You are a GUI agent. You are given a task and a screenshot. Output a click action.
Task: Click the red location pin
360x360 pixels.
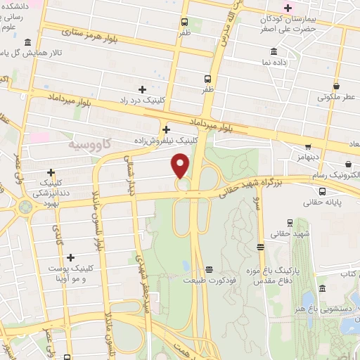point(181,165)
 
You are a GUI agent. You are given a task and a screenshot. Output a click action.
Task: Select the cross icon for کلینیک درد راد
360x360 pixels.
point(143,89)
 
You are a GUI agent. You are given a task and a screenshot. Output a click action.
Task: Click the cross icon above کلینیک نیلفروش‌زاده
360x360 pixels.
point(166,129)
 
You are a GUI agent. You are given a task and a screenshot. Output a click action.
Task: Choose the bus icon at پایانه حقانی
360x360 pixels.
point(322,191)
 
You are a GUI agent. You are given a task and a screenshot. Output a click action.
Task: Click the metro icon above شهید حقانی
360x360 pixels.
point(261,247)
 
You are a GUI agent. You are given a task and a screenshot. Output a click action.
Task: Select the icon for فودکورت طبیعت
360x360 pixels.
point(208,269)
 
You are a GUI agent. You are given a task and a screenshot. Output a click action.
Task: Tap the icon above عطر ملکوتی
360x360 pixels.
point(337,86)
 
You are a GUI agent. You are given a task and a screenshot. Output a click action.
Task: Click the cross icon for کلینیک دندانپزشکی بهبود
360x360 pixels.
point(51,172)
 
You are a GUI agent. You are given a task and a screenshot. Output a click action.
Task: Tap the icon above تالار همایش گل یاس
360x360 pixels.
point(27,42)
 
